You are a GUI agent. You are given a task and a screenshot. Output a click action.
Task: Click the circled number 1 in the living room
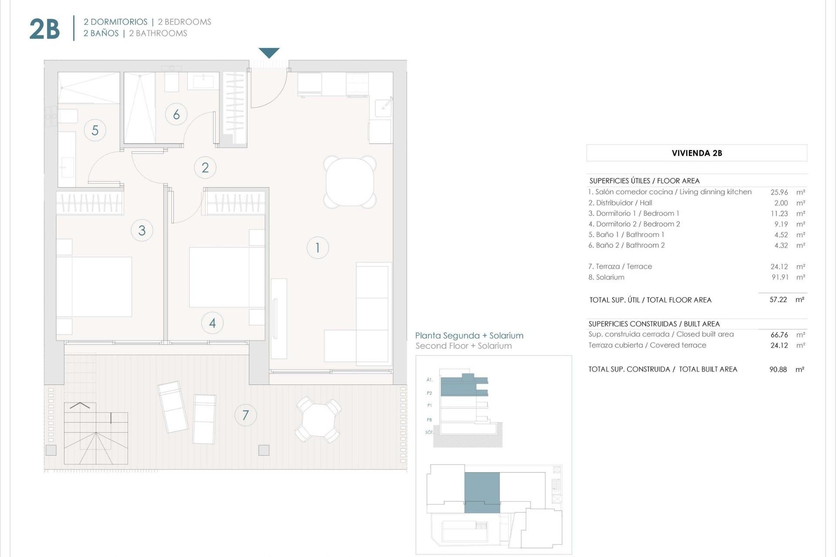click(317, 248)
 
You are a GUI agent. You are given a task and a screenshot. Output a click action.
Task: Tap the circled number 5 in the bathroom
click(95, 130)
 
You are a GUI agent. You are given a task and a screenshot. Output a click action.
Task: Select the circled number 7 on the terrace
click(246, 415)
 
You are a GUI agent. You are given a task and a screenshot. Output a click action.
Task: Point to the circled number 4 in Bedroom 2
click(212, 323)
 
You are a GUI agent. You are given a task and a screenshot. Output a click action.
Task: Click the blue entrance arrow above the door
click(269, 53)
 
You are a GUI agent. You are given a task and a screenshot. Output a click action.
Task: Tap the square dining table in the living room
click(350, 182)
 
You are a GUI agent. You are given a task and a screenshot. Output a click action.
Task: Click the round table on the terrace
click(318, 420)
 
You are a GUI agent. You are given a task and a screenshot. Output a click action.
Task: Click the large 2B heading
click(44, 29)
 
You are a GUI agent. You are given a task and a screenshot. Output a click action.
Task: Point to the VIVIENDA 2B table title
click(697, 153)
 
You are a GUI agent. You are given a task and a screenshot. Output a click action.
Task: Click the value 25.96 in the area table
click(779, 192)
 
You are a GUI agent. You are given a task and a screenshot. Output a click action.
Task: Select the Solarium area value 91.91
click(780, 277)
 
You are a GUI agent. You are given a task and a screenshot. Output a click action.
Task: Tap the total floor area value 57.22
click(778, 300)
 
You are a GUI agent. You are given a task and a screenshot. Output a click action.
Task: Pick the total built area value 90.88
click(778, 369)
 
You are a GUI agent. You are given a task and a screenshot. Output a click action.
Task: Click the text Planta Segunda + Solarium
click(469, 336)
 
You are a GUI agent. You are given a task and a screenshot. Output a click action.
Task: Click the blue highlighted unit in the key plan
click(482, 492)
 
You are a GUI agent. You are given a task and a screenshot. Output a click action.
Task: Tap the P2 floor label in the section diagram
click(429, 393)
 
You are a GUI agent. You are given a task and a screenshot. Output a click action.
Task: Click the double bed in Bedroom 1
click(94, 286)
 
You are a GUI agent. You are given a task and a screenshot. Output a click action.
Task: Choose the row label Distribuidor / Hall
click(620, 203)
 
